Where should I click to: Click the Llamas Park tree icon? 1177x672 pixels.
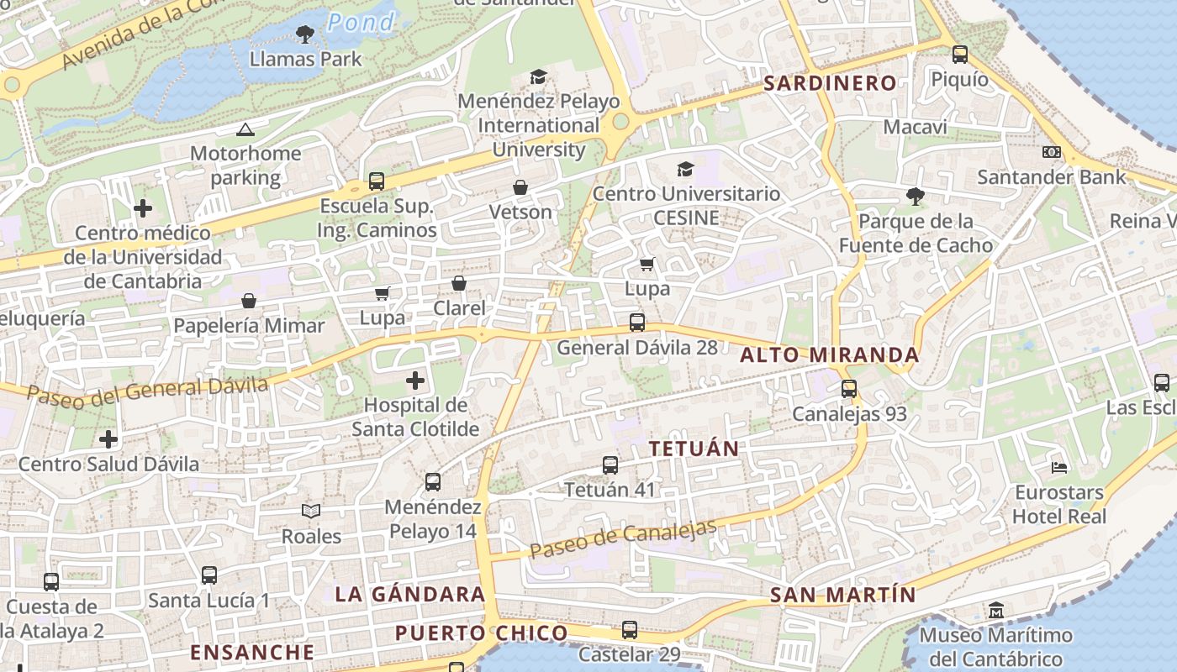[305, 34]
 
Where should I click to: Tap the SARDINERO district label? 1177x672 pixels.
[830, 82]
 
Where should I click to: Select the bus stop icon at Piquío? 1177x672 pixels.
[960, 55]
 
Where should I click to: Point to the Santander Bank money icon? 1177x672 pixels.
[1051, 152]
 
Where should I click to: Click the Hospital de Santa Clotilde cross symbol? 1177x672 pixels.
[415, 381]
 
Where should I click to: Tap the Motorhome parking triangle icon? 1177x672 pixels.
[245, 129]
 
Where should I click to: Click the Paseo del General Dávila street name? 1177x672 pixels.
[147, 391]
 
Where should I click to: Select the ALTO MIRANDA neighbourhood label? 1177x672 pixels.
[829, 355]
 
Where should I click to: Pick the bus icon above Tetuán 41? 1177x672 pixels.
[610, 465]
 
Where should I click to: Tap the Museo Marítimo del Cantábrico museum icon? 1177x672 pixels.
[996, 610]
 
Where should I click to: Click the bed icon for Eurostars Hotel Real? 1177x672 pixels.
[1059, 467]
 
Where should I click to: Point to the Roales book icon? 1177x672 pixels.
[311, 511]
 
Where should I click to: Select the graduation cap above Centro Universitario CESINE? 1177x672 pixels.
[686, 169]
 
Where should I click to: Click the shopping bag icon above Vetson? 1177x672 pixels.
[520, 186]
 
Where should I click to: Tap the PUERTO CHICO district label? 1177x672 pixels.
[481, 633]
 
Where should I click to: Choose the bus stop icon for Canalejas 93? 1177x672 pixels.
[849, 389]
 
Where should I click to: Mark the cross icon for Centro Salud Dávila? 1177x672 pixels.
[108, 438]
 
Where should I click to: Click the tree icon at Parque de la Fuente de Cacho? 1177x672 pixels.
[916, 197]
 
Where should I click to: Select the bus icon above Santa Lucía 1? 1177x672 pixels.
[209, 575]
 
